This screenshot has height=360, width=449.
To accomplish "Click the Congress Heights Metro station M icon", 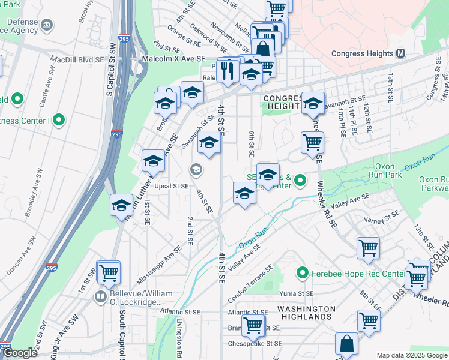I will point(400,53).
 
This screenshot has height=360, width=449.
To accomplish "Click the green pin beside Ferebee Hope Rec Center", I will point(303,274).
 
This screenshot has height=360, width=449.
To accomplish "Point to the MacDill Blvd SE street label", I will point(77,60).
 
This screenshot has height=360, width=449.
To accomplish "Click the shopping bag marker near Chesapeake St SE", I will point(346,344).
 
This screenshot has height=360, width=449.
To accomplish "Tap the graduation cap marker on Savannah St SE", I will point(209,143).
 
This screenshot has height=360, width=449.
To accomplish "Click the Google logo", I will point(19,353).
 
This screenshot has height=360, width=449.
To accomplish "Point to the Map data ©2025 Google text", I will point(412,355).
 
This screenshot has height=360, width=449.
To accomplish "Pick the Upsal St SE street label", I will point(172,186).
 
